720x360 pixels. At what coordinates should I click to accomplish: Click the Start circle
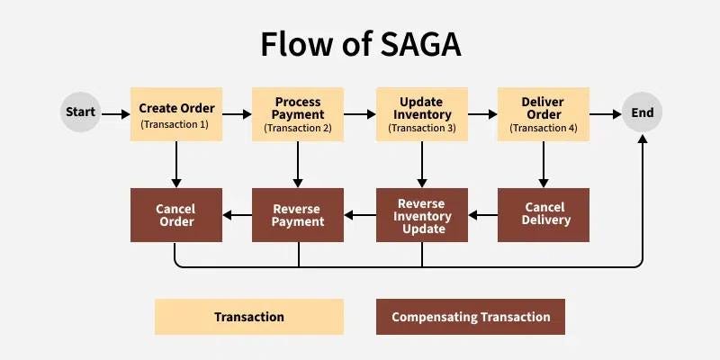(x=80, y=113)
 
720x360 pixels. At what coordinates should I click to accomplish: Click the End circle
(x=643, y=113)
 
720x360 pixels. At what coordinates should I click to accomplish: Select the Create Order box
(x=175, y=113)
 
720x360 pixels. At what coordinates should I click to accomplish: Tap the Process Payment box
(x=298, y=113)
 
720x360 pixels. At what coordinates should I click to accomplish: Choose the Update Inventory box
(x=422, y=113)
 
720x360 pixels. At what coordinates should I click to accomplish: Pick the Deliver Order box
(x=544, y=113)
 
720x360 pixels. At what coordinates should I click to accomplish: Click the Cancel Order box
(x=175, y=215)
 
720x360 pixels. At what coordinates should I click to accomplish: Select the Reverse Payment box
(x=298, y=215)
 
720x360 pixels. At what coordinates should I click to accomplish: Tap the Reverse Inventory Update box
(x=422, y=215)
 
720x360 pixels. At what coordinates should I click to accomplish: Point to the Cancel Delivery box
(x=544, y=215)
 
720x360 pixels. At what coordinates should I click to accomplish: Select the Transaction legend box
(x=249, y=317)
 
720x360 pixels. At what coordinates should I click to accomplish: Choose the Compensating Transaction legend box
(x=471, y=317)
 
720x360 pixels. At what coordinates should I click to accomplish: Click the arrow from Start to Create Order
(x=115, y=114)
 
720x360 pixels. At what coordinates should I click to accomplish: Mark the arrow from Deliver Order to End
(x=606, y=114)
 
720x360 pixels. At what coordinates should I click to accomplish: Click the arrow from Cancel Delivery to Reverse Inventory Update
(x=482, y=215)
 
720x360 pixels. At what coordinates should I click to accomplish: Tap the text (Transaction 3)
(x=422, y=129)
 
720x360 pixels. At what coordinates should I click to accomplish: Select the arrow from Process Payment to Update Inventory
(x=360, y=114)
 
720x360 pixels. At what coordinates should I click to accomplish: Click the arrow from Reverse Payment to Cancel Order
(x=237, y=215)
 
